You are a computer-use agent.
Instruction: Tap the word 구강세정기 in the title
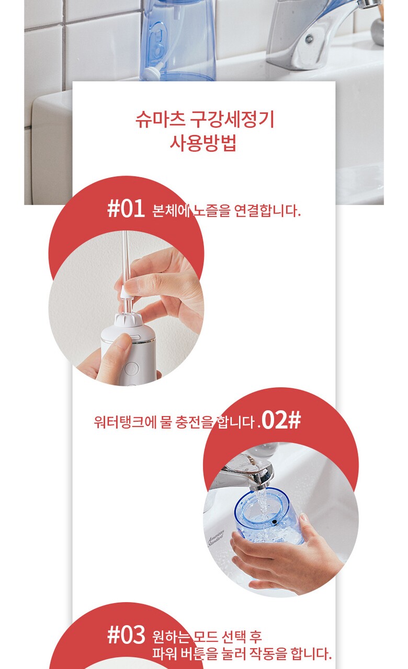click(232, 120)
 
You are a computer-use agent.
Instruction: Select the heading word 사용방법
click(203, 143)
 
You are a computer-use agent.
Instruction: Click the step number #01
click(126, 209)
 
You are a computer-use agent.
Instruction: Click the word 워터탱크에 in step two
click(125, 422)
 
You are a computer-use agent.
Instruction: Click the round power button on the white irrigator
click(131, 369)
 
